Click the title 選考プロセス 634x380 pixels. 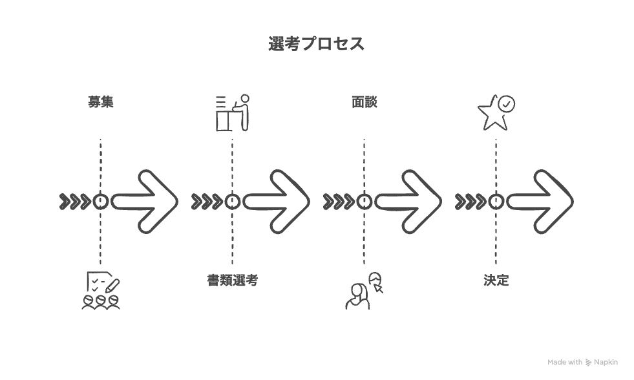[x=316, y=44]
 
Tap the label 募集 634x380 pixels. [x=101, y=101]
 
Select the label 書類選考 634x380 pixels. [x=233, y=280]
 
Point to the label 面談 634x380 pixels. [x=365, y=101]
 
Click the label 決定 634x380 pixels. [x=496, y=280]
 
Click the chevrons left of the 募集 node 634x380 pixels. [x=75, y=202]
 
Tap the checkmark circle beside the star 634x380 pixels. [x=506, y=103]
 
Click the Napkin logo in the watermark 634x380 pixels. [x=588, y=362]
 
